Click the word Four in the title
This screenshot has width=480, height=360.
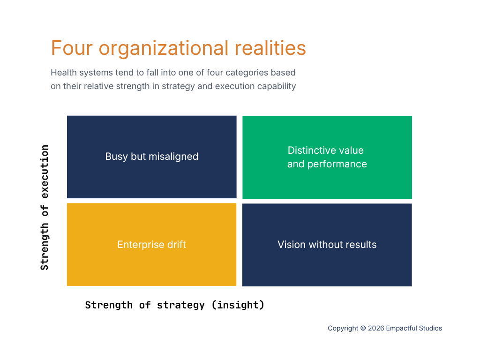tap(72, 48)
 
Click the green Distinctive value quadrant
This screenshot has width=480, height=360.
tap(327, 157)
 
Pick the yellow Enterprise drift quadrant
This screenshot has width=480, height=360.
tap(151, 245)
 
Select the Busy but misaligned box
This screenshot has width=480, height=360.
tap(151, 157)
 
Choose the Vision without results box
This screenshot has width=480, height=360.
tap(327, 245)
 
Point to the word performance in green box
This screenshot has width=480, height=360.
tap(337, 165)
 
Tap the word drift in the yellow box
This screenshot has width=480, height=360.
tap(177, 244)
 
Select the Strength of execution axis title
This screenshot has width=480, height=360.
tap(45, 208)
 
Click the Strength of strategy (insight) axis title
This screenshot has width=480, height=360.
tap(174, 305)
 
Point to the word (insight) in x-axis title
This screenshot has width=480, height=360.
tap(238, 305)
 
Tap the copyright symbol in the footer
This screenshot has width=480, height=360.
tap(363, 328)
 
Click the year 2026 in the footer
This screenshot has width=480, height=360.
tap(376, 328)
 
